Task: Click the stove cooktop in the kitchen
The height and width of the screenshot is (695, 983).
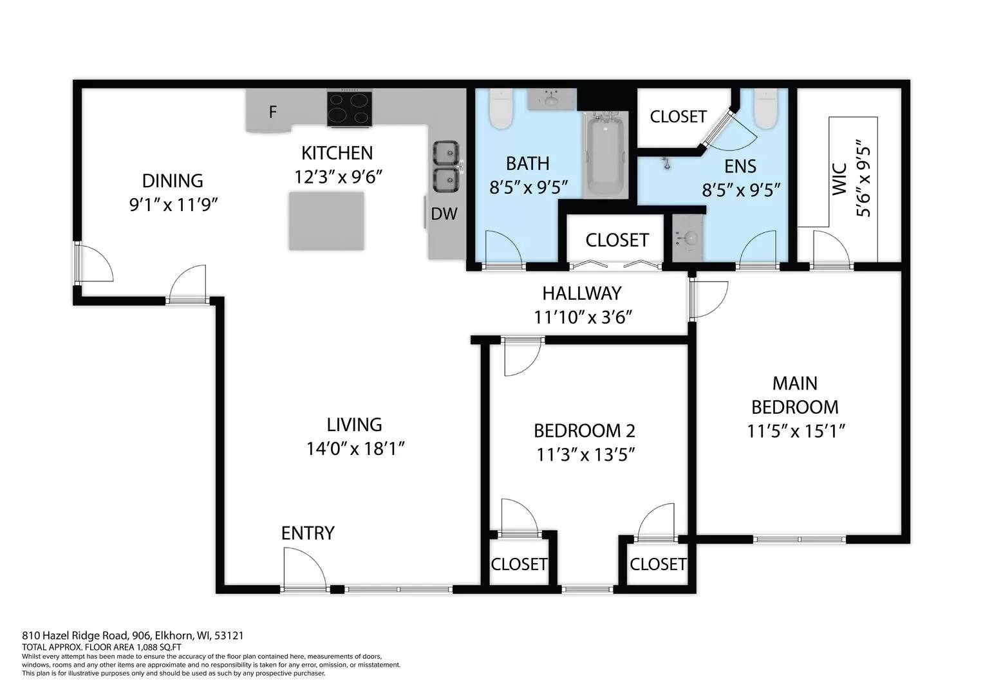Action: [x=350, y=108]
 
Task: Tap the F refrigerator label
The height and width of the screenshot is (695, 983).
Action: [x=273, y=113]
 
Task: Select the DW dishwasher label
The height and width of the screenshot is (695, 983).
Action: [x=444, y=214]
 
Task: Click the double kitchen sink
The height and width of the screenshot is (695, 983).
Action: [x=445, y=167]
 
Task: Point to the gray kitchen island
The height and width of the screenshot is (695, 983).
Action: [x=326, y=221]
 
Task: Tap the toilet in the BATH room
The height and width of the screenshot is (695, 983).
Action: [x=500, y=109]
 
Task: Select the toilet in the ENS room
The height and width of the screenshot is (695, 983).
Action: [x=766, y=109]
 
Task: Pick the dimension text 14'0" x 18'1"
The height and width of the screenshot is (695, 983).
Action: [x=355, y=449]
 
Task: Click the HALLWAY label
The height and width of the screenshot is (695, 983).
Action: [x=581, y=293]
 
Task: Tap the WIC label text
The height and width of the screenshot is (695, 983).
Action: [x=839, y=179]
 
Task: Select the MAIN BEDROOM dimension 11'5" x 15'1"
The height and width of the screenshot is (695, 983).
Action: [x=795, y=431]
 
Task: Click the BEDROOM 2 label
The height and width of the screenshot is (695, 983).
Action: [x=585, y=431]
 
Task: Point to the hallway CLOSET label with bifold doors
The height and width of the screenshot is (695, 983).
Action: [x=617, y=240]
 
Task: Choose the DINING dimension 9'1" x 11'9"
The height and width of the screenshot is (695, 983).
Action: [x=173, y=205]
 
